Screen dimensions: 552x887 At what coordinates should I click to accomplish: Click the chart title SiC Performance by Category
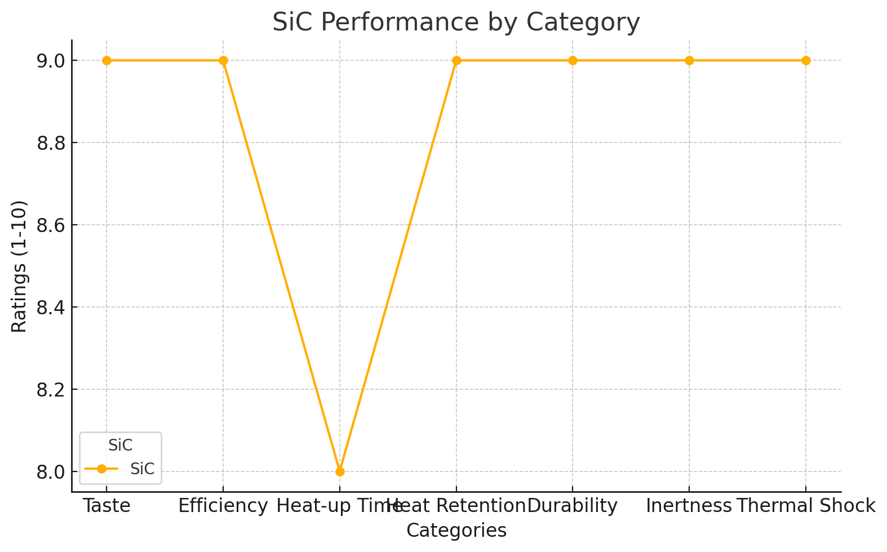(456, 23)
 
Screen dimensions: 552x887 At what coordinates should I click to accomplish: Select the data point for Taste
(107, 60)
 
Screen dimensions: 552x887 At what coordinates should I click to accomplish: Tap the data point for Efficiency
(223, 60)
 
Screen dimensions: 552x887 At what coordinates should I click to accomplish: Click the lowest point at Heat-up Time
(340, 471)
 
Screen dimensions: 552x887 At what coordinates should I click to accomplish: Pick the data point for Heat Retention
(456, 60)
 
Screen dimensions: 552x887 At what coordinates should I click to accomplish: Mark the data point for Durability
(573, 60)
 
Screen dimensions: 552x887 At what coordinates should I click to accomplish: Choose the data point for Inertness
(689, 60)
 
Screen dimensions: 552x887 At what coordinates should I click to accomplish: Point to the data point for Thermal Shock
(806, 60)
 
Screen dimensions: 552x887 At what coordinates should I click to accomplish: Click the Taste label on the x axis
(107, 506)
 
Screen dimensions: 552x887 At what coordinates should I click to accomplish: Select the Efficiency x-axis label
(223, 506)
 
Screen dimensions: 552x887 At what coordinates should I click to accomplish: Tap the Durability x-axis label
(573, 506)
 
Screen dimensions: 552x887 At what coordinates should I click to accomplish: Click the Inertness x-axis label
(689, 506)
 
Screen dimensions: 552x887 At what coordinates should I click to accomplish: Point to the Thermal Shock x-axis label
(806, 506)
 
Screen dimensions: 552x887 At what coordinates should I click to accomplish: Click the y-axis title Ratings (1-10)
(19, 266)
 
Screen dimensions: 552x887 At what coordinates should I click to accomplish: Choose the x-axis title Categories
(456, 531)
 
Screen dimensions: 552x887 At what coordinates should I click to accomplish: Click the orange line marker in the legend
(101, 469)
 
